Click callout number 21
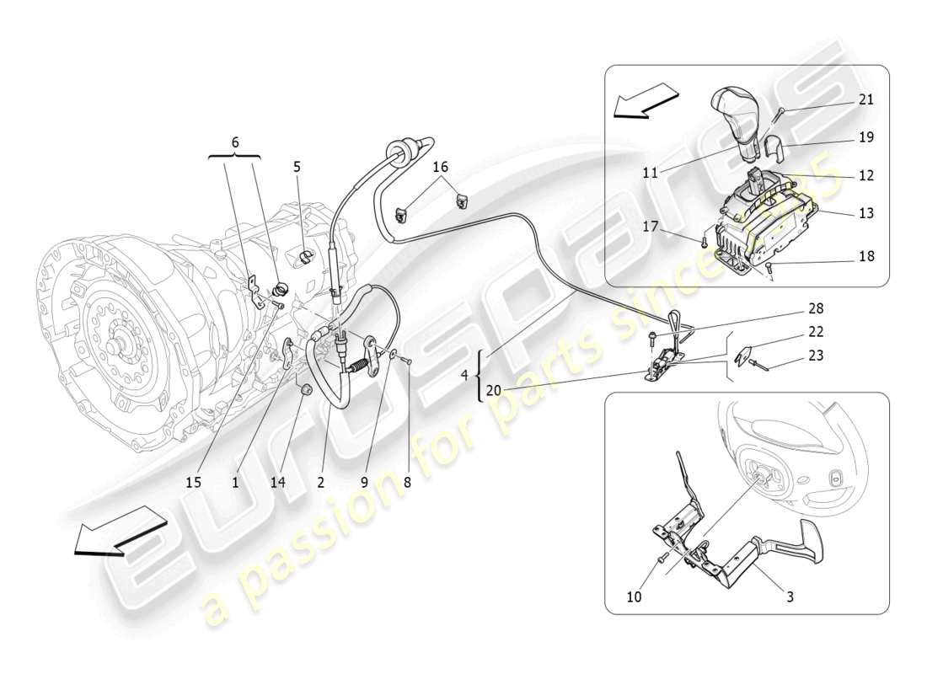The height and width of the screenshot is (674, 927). [865, 99]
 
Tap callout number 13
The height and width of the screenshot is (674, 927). [865, 213]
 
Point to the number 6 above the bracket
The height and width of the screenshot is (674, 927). [235, 143]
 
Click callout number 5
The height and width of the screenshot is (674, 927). [297, 167]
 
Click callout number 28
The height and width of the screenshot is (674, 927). [816, 309]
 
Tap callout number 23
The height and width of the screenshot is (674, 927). [816, 356]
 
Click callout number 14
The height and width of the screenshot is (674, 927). [278, 482]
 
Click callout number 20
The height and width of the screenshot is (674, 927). [493, 390]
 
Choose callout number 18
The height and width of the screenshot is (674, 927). [865, 255]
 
